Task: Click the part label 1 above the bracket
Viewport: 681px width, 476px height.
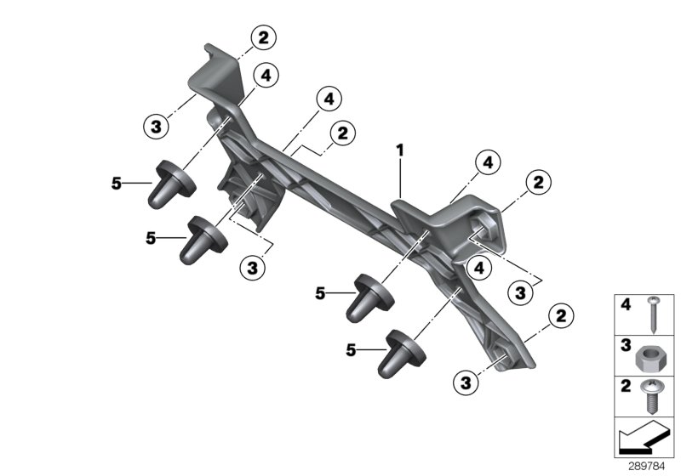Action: coord(398,151)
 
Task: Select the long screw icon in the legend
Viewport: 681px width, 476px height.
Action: coord(654,314)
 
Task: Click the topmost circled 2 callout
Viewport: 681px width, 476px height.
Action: coord(263,37)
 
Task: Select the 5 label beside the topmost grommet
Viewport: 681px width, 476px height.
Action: coord(117,182)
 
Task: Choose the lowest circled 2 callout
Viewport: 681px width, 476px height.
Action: coord(561,317)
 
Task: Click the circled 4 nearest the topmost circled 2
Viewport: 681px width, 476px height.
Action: coord(266,76)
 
